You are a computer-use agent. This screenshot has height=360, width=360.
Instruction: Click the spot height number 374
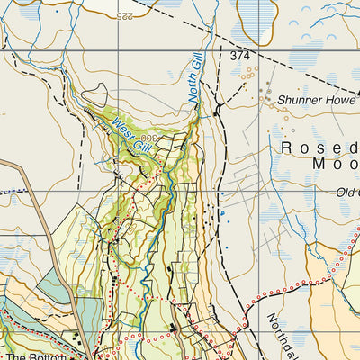tap(238, 56)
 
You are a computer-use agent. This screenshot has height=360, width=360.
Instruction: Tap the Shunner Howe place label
tap(317, 101)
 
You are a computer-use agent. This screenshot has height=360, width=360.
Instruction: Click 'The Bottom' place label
tap(36, 356)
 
